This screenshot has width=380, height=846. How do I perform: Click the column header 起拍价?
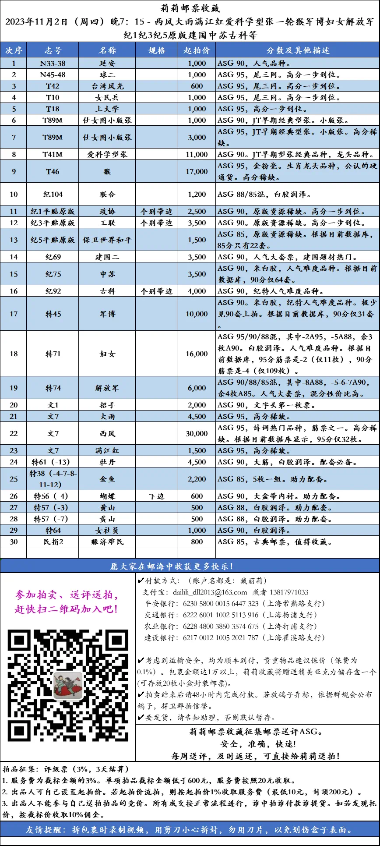coord(197,50)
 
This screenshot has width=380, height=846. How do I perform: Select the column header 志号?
coord(53,50)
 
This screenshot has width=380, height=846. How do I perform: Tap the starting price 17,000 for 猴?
coord(197,171)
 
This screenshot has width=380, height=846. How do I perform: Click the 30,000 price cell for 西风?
coord(197,433)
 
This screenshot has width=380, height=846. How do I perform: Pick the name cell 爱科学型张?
coord(107,154)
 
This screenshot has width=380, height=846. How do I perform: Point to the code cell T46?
coord(53,171)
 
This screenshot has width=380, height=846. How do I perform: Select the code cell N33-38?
coord(53,63)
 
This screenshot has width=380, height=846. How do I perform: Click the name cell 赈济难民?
coord(107,542)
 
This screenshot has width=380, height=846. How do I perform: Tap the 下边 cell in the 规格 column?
coord(156,496)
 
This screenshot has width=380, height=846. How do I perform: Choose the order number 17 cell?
coord(14,314)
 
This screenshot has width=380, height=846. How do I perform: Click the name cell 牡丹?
coord(107,462)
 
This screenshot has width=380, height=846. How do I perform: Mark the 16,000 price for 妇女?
coord(197,354)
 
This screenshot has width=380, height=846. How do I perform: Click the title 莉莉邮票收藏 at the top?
coord(190,8)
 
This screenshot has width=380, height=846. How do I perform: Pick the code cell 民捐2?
coord(53,542)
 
